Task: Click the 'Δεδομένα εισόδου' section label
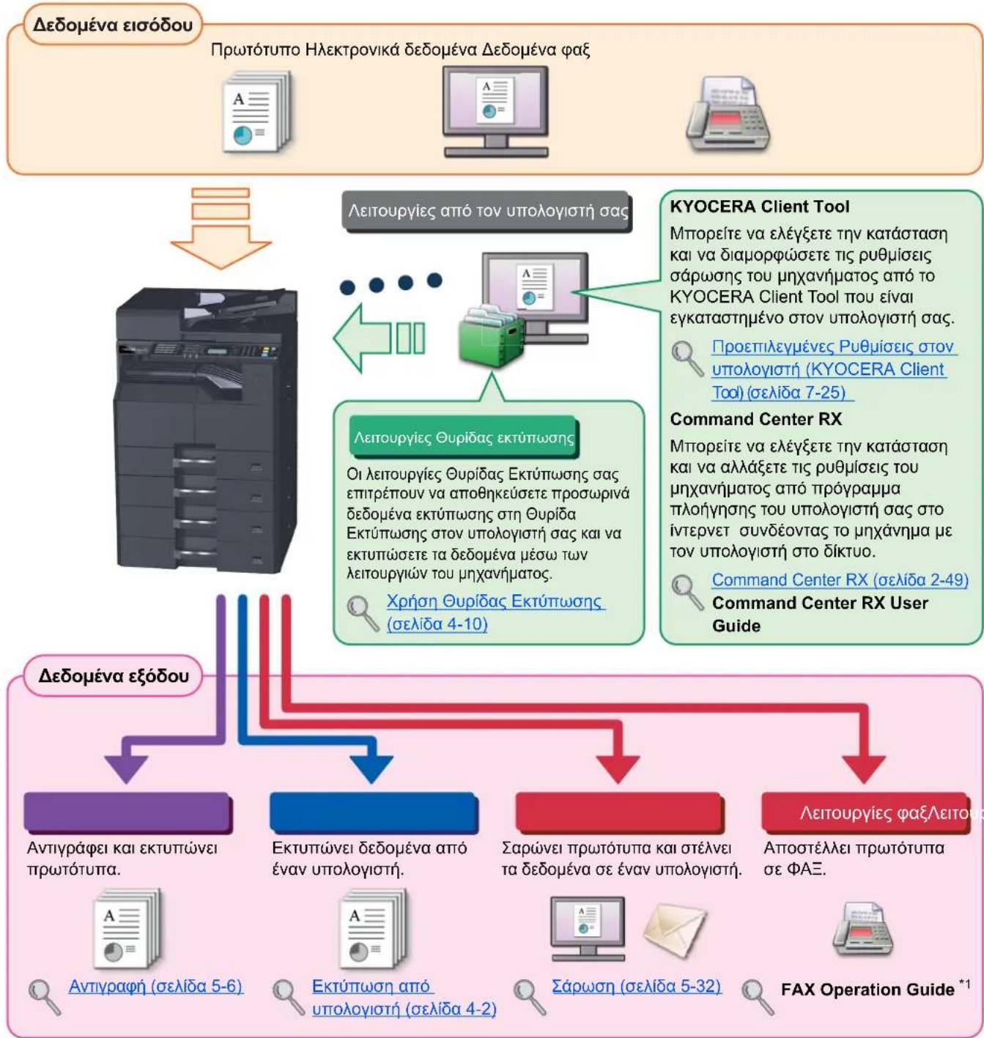pyautogui.click(x=113, y=25)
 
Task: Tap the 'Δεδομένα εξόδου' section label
pyautogui.click(x=114, y=676)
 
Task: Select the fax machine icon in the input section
pyautogui.click(x=728, y=114)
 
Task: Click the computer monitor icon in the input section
pyautogui.click(x=495, y=112)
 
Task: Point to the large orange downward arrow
pyautogui.click(x=221, y=228)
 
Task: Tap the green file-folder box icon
pyautogui.click(x=491, y=336)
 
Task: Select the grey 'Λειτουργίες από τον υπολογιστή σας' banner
pyautogui.click(x=487, y=211)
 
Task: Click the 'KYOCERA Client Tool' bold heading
pyautogui.click(x=759, y=207)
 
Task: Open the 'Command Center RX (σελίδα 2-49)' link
pyautogui.click(x=840, y=579)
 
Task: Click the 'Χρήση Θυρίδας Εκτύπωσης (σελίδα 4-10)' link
pyautogui.click(x=495, y=612)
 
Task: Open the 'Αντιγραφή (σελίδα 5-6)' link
pyautogui.click(x=155, y=986)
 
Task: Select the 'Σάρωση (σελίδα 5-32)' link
pyautogui.click(x=636, y=986)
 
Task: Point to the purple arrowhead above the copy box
pyautogui.click(x=126, y=769)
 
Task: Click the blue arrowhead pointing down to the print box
pyautogui.click(x=371, y=769)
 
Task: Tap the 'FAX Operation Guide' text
pyautogui.click(x=868, y=990)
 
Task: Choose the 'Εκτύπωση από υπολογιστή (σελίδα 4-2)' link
pyautogui.click(x=404, y=998)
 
